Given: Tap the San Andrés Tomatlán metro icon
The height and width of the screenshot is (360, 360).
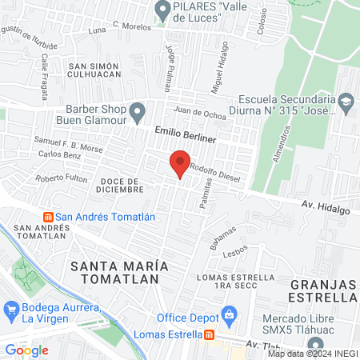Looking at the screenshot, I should pos(48,217).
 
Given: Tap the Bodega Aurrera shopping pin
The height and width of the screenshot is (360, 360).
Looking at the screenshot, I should pos(11,308).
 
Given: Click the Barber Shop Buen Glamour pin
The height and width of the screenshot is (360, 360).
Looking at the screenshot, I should pos(138,110).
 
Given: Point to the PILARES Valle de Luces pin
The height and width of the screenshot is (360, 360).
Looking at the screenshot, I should pos(162,10).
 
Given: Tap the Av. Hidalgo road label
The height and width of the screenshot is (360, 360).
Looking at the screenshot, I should pos(326,206).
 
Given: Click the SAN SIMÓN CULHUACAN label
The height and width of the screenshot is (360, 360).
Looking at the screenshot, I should pos(94,70).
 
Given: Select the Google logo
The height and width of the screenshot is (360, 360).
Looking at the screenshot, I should pos(27,350).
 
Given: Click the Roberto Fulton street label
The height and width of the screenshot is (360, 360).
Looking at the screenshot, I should pos(62,178).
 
